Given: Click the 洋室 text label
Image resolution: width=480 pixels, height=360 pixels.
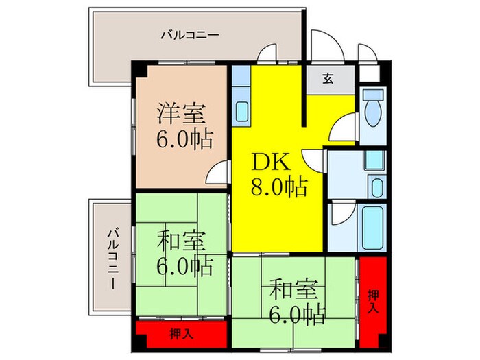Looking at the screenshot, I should (183, 111).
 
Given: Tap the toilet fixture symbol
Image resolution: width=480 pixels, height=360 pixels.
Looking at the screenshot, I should (374, 110).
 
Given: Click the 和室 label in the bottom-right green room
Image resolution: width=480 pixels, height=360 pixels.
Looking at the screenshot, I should (293, 289).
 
